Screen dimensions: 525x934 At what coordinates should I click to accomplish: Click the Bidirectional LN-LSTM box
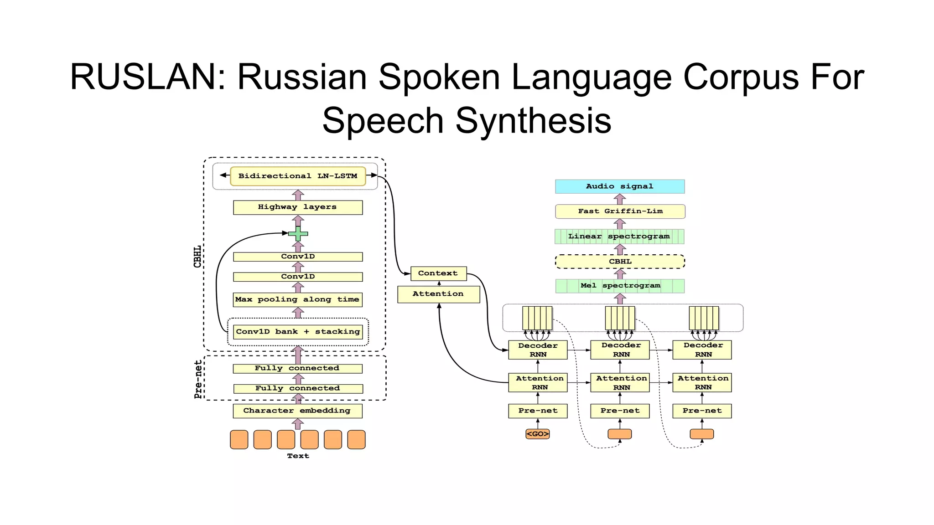point(298,176)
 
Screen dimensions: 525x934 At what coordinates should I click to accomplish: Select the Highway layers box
point(298,207)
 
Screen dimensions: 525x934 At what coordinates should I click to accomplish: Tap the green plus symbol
point(298,234)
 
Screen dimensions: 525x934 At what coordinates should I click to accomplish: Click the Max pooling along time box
point(298,299)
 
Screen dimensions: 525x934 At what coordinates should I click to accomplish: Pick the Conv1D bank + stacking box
point(298,332)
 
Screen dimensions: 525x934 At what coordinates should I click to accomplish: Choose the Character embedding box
point(297,411)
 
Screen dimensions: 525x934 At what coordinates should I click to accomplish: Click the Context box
point(438,273)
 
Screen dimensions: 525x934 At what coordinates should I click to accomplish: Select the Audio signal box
point(620,186)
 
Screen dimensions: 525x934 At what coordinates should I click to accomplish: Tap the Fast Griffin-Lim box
point(620,211)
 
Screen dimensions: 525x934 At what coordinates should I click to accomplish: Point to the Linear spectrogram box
point(619,237)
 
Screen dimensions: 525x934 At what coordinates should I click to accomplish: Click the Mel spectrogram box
point(620,286)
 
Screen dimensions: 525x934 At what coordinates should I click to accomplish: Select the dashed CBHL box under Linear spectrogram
point(620,262)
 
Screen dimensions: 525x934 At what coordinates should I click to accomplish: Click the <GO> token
point(538,434)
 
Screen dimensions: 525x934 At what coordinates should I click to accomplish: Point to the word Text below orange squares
point(298,456)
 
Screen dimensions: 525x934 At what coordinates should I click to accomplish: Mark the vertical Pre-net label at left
point(198,379)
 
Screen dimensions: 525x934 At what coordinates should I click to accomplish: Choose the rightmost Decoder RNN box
point(702,350)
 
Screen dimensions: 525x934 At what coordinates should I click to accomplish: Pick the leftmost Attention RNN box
point(538,383)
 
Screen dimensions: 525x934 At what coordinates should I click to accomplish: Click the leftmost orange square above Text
point(239,440)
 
